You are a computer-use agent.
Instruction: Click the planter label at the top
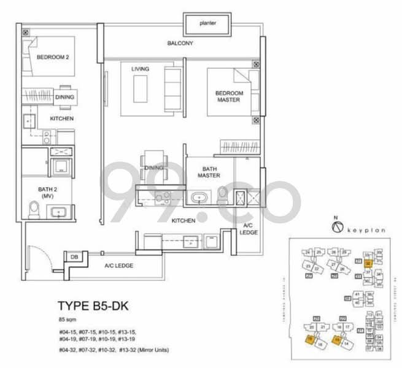coord(207,23)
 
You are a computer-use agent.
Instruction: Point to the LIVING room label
coord(140,69)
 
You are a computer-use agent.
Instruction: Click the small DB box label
coord(74,257)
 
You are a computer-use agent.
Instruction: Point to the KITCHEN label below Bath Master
coord(184,220)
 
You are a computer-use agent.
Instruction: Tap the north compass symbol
coord(335,226)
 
